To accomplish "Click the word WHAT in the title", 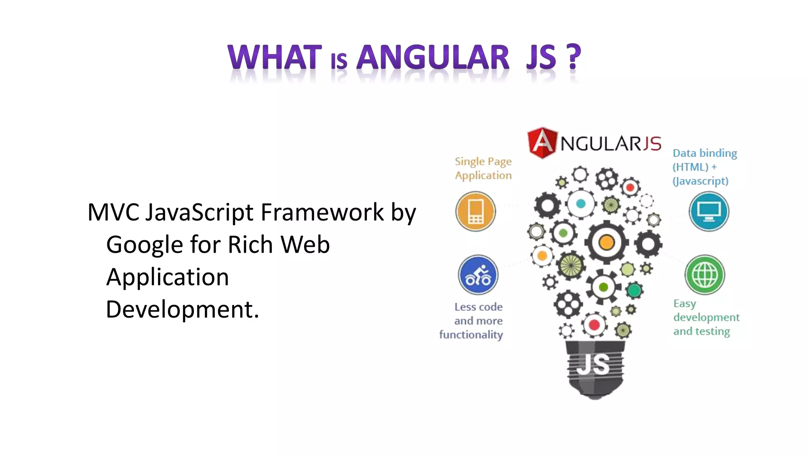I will pos(275,58).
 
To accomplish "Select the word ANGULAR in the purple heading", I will pos(433,58).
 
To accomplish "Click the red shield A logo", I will pos(542,142).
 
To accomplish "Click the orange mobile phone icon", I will pos(476,211).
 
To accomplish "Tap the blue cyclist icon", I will pos(478,275).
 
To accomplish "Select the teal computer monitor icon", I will pos(709,211).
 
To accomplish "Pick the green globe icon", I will pos(705,275).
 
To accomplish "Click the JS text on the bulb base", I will pos(593,364).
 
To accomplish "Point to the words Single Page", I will pos(483,162).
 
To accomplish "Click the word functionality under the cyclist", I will pos(471,335).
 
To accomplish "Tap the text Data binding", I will pos(705,153).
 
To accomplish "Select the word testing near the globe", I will pos(713,331).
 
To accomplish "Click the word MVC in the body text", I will pos(113,212).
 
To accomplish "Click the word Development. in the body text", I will pos(182,309).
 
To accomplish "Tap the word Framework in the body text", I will pos(322,212).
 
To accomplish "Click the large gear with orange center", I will pos(606,242).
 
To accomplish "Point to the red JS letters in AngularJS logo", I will pos(652,143).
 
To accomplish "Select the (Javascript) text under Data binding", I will pos(700,181).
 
